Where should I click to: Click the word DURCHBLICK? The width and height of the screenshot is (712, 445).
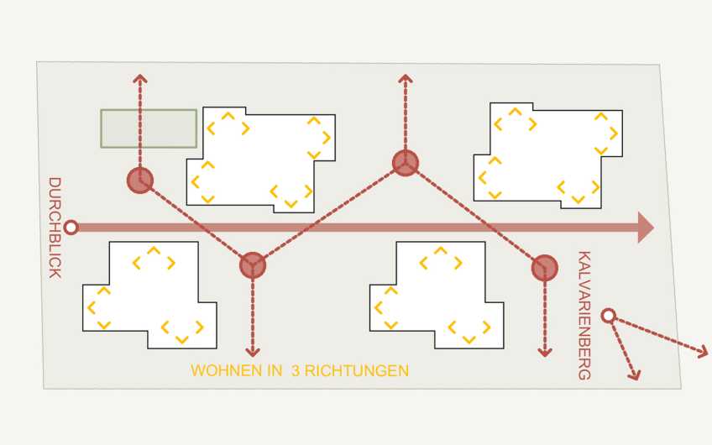coord(55,228)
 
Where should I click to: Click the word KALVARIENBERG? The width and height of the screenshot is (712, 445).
coord(584,315)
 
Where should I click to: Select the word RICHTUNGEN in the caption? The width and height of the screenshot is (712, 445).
coord(357,370)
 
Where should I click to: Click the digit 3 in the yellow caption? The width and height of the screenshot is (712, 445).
coord(296,370)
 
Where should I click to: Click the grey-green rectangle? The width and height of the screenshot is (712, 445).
coord(149,128)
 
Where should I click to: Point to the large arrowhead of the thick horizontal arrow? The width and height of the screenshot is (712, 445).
coord(646,228)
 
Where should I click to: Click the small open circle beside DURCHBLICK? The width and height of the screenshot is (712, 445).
coord(71,228)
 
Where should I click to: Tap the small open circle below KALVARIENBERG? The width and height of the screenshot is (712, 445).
coord(608,316)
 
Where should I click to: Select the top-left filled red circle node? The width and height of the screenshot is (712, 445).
coord(140,181)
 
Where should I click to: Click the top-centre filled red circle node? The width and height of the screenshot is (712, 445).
coord(405,163)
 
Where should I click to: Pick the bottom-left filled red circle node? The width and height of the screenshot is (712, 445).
coord(253,265)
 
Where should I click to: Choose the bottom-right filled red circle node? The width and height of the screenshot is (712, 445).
coord(544,268)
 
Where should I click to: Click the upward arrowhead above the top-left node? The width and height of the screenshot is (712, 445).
coord(140,78)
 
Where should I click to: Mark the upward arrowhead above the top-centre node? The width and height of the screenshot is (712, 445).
coord(405,78)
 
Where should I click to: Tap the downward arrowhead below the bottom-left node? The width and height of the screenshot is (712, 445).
coord(253,353)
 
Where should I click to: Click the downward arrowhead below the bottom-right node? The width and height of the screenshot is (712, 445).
coord(544,353)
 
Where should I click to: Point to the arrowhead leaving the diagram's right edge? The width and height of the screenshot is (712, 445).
coord(704,352)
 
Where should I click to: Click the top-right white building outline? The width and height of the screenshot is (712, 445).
coord(547,156)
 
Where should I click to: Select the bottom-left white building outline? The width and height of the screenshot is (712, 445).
coord(149,296)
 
